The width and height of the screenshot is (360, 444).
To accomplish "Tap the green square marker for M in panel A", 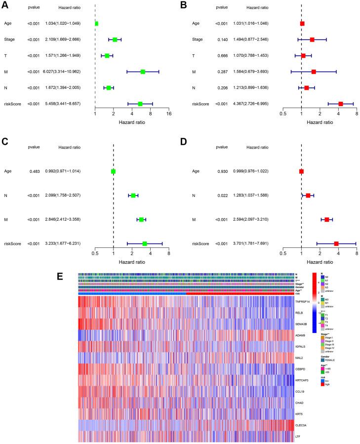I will pyautogui.click(x=143, y=72).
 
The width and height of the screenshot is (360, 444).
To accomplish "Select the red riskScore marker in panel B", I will pyautogui.click(x=341, y=104).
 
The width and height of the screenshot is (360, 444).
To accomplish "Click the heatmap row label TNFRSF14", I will pyautogui.click(x=302, y=300).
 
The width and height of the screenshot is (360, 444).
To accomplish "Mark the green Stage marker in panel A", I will pyautogui.click(x=115, y=40).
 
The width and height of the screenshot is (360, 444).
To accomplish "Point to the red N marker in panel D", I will pyautogui.click(x=308, y=196).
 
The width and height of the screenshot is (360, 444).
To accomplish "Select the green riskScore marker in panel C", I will pyautogui.click(x=145, y=243).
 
